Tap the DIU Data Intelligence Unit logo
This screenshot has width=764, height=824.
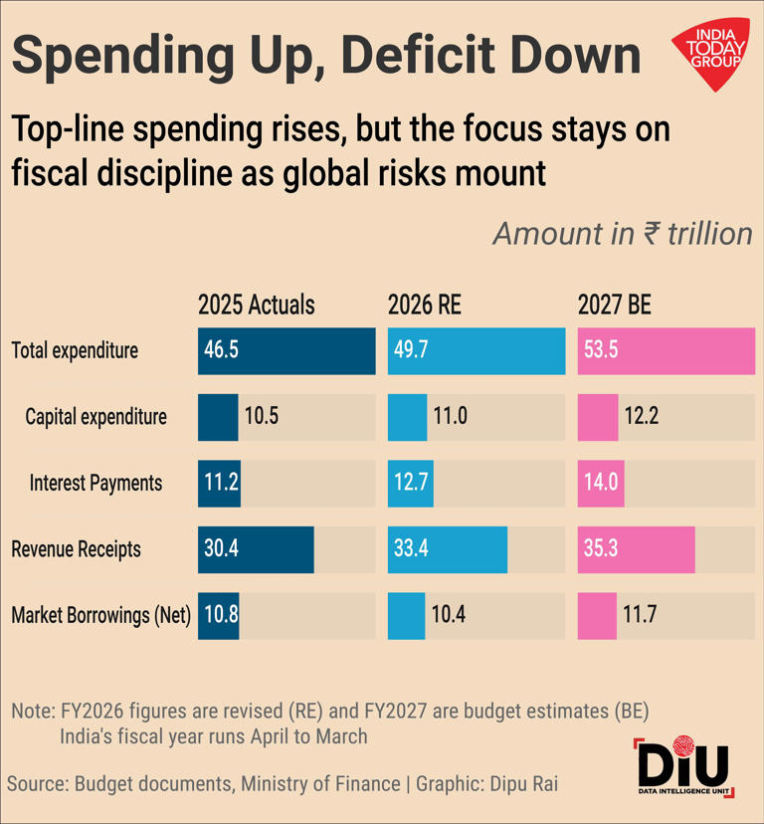point(682,769)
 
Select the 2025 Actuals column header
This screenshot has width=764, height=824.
point(256,305)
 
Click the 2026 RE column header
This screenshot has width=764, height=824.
point(424,305)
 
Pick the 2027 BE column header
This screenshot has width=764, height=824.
point(614,305)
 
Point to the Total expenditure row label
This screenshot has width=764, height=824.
point(75,350)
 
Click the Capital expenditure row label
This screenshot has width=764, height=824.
point(95,416)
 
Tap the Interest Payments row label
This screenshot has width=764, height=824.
point(95,483)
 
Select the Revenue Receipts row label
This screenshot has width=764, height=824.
point(76,548)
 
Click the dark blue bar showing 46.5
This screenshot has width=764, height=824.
point(286,350)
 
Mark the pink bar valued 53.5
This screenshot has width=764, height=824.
point(666,350)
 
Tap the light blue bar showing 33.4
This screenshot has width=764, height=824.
point(447,548)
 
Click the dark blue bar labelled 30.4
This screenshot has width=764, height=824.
point(256,548)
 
